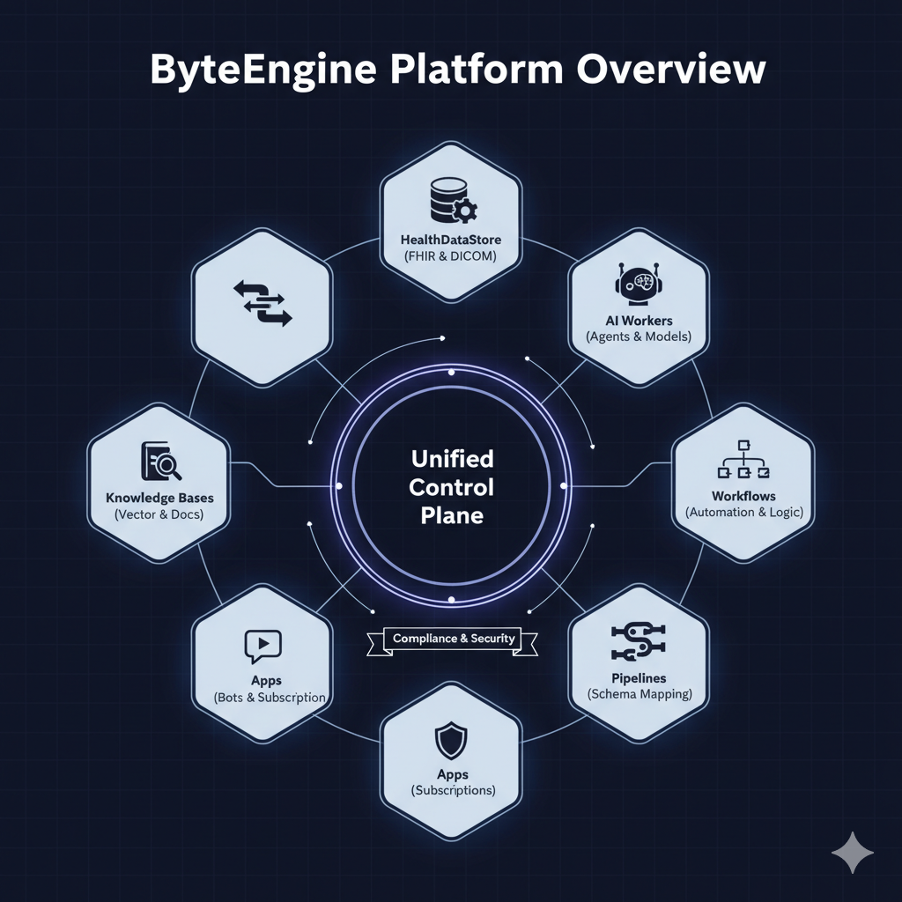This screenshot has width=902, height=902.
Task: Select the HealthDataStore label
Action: tap(450, 240)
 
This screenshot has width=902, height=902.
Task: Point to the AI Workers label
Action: tap(639, 320)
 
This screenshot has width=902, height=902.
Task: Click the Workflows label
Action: tap(744, 496)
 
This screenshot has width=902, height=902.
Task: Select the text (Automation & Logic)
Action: tap(744, 512)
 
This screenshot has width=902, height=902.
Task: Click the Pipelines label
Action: tap(639, 678)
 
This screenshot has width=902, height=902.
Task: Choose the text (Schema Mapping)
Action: tap(639, 694)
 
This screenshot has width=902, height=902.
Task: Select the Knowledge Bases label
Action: tap(159, 499)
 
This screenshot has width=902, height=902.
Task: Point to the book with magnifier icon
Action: tap(159, 461)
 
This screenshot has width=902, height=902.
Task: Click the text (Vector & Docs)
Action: tap(159, 514)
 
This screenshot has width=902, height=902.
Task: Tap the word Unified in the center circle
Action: tap(452, 459)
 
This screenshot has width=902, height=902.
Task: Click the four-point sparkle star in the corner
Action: tap(853, 853)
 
